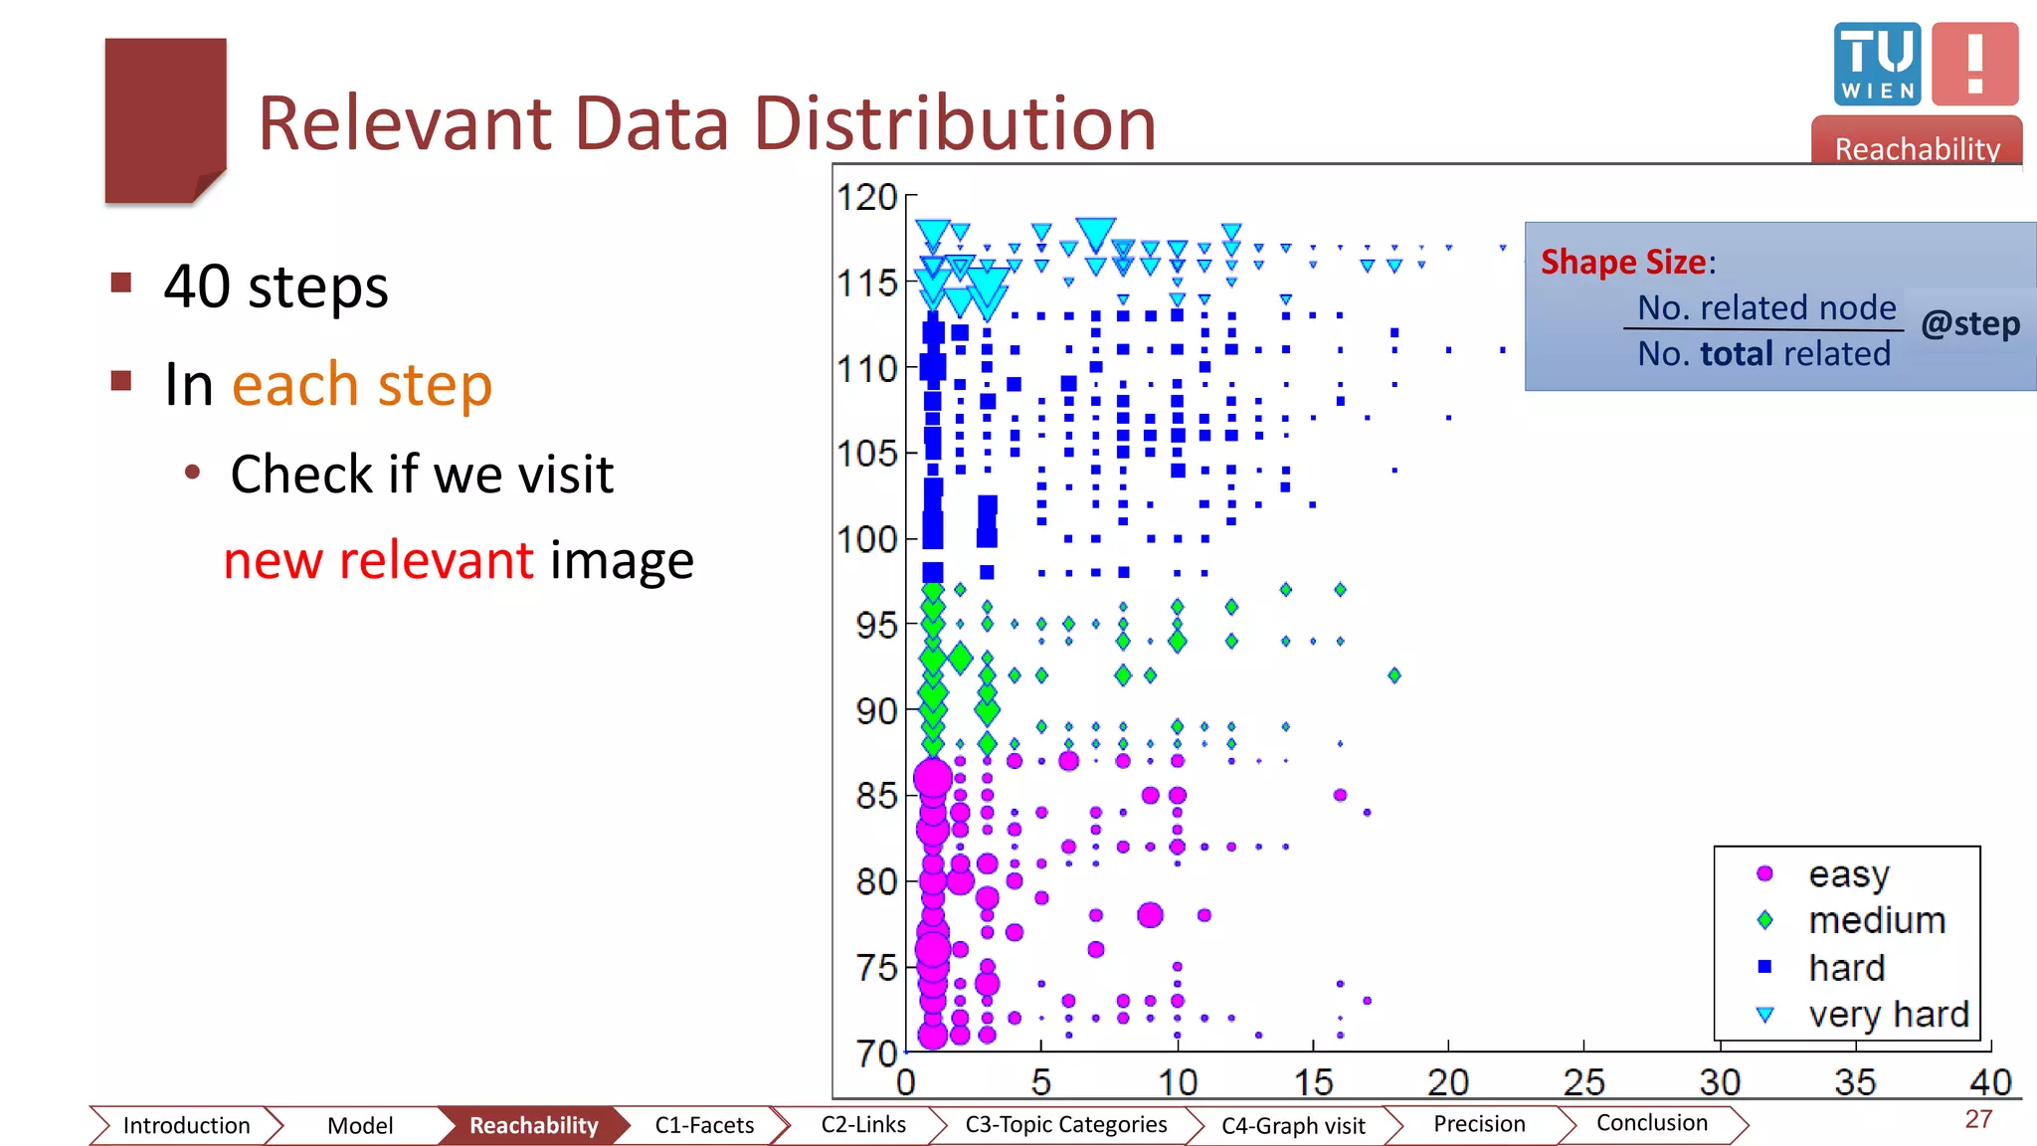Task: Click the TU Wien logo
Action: pos(1877,64)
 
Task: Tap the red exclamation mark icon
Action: pos(1974,64)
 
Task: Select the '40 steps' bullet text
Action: pos(276,286)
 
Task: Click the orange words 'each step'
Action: pos(362,385)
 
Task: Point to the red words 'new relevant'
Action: pos(378,560)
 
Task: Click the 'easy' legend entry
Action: pos(1848,874)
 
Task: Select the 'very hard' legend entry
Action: pos(1888,1014)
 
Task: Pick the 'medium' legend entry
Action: pos(1876,920)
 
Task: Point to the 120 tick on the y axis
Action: pos(867,197)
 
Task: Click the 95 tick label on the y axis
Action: pos(875,626)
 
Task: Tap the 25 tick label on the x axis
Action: pos(1583,1081)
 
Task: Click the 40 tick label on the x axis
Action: pos(1990,1081)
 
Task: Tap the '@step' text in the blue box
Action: pos(1969,323)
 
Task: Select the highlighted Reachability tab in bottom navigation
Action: pos(533,1125)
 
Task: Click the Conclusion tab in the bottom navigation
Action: pos(1651,1123)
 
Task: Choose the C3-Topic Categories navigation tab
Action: pos(1065,1124)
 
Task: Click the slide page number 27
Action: pos(1978,1119)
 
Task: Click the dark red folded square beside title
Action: pos(165,119)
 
